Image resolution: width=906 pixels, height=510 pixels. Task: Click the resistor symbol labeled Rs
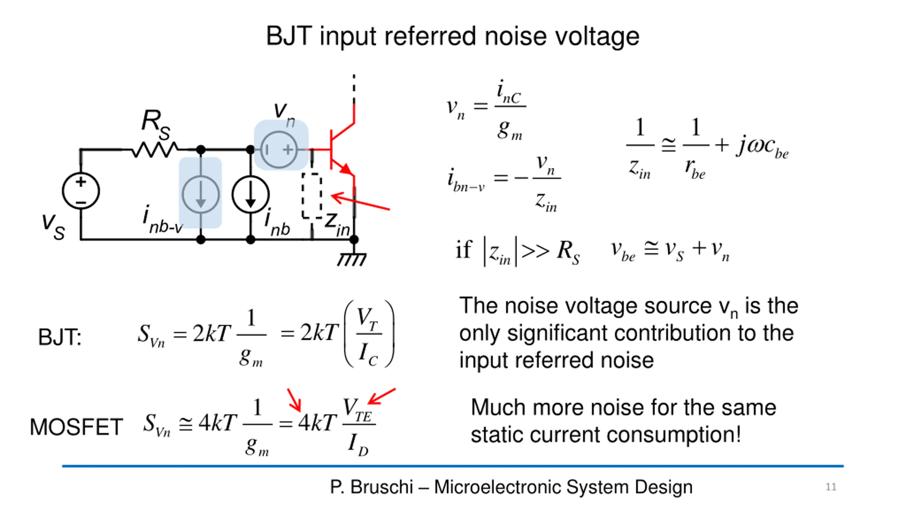[155, 149]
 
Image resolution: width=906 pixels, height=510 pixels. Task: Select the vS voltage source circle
[81, 191]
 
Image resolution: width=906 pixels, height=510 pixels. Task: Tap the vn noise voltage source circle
[279, 149]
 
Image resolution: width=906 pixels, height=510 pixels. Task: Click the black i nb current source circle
[251, 194]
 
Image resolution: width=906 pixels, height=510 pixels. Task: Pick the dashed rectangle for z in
[312, 195]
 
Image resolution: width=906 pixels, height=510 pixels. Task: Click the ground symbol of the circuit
[352, 259]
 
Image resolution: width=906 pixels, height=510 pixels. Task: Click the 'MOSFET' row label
[76, 426]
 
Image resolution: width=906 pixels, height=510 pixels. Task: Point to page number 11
[831, 487]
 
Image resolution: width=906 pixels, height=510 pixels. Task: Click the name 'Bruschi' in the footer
[382, 487]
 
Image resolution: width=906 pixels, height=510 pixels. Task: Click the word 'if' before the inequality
[463, 250]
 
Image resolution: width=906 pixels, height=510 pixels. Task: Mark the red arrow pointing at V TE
[382, 396]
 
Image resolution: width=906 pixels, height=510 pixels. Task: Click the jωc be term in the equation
[762, 147]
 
